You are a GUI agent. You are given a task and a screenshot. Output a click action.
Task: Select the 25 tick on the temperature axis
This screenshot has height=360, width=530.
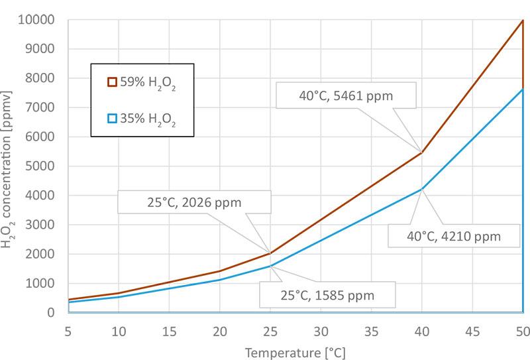[x=270, y=330]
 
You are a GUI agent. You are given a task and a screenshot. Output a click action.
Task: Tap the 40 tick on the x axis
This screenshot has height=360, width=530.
[x=422, y=330]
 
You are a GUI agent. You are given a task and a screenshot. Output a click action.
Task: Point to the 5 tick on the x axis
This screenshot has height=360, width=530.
[x=68, y=330]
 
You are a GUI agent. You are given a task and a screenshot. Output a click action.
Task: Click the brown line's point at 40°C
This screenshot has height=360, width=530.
[x=422, y=152]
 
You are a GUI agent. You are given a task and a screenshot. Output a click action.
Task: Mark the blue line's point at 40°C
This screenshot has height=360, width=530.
[x=422, y=189]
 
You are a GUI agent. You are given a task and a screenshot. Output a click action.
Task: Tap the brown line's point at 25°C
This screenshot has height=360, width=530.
[x=270, y=253]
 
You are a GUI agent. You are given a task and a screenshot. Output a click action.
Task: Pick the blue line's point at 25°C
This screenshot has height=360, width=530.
[x=270, y=266]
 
